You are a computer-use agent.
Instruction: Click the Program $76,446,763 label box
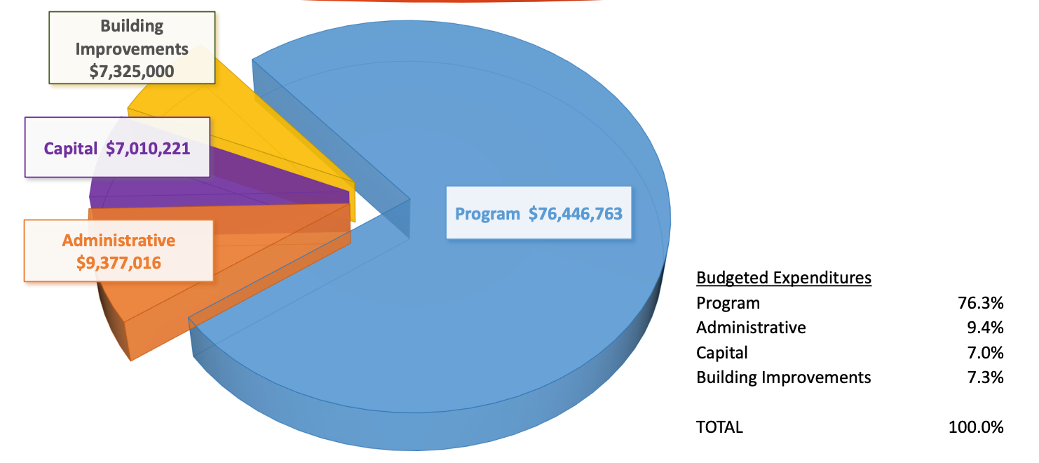[538, 213]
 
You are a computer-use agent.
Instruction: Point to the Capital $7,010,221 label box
[117, 148]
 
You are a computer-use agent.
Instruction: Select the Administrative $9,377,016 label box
[118, 251]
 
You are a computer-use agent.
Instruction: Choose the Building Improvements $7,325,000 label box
[132, 48]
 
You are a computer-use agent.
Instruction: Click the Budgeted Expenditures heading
[783, 278]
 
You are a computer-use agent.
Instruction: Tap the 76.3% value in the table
[980, 303]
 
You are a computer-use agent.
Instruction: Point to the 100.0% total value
[976, 427]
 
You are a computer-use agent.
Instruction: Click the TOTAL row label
[719, 427]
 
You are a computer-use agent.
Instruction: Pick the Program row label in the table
[728, 303]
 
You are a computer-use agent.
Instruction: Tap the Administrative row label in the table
[751, 328]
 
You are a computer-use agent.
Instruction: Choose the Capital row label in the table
[722, 352]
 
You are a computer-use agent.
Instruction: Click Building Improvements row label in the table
[783, 377]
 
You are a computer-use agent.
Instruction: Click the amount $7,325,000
[132, 71]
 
